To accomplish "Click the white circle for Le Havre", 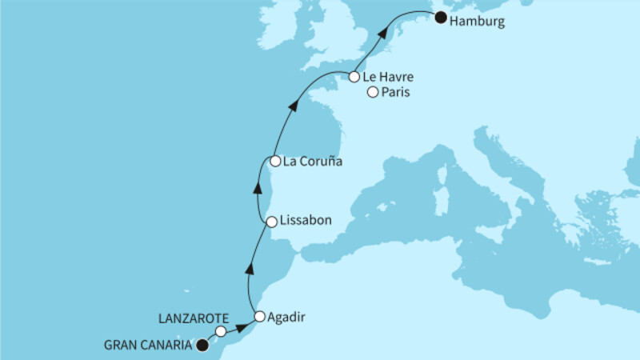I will [x=354, y=78].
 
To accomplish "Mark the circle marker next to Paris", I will [x=372, y=94].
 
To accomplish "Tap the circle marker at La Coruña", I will [x=275, y=161].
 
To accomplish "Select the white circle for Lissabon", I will [x=272, y=221].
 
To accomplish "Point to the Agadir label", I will [x=286, y=317].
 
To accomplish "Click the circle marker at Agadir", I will [x=259, y=316].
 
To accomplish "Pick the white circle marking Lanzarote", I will [x=221, y=330].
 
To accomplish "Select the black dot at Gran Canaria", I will [x=202, y=346].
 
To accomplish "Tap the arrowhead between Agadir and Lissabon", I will [x=250, y=266].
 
